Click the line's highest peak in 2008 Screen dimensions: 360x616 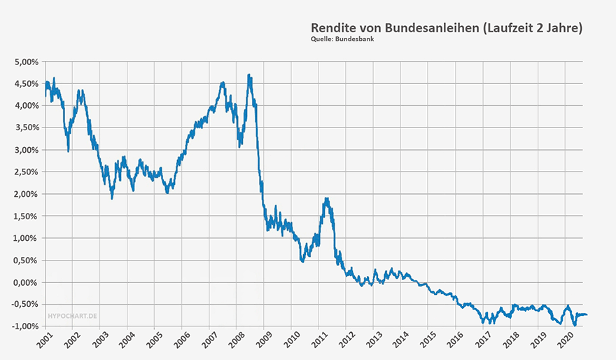[x=249, y=75]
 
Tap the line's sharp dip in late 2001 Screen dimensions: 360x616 [x=68, y=151]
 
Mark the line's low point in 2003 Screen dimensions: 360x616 [x=112, y=198]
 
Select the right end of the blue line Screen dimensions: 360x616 [x=587, y=314]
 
